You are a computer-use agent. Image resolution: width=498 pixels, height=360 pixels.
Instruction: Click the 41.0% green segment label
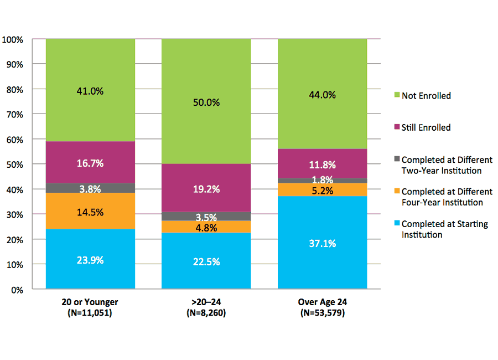pyautogui.click(x=90, y=91)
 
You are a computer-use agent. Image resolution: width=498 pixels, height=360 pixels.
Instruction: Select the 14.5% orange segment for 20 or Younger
pyautogui.click(x=90, y=212)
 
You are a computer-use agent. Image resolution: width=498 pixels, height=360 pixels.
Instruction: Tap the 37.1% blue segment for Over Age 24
pyautogui.click(x=322, y=243)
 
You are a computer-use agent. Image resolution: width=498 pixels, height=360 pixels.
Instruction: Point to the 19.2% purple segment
pyautogui.click(x=206, y=189)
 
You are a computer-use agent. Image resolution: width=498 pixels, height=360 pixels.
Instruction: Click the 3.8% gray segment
pyautogui.click(x=90, y=188)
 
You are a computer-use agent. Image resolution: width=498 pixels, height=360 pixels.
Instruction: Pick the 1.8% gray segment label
pyautogui.click(x=322, y=180)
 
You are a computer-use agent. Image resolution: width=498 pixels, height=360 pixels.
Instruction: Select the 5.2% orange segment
pyautogui.click(x=322, y=190)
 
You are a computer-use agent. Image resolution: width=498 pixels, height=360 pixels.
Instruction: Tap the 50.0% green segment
pyautogui.click(x=206, y=102)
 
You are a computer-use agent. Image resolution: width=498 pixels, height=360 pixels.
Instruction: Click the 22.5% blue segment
pyautogui.click(x=206, y=262)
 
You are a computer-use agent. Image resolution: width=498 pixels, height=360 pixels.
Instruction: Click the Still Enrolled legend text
pyautogui.click(x=426, y=127)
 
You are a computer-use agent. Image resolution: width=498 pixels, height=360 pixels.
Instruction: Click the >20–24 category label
pyautogui.click(x=206, y=302)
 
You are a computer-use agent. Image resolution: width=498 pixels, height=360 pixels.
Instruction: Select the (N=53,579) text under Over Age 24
pyautogui.click(x=322, y=313)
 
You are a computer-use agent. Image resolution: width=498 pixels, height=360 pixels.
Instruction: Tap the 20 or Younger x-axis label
pyautogui.click(x=90, y=302)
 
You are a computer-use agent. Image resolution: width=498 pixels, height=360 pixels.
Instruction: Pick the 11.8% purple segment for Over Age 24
pyautogui.click(x=322, y=164)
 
